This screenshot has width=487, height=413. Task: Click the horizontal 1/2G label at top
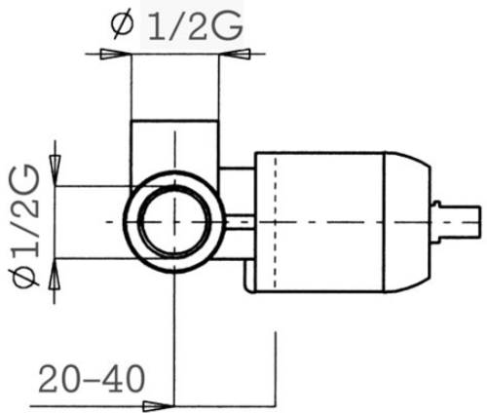pyautogui.click(x=196, y=26)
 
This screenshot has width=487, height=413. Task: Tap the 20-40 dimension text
pyautogui.click(x=92, y=379)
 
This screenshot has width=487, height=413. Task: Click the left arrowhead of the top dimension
pyautogui.click(x=112, y=54)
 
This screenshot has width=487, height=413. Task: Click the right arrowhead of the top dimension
pyautogui.click(x=238, y=54)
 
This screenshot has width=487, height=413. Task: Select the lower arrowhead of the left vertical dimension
pyautogui.click(x=55, y=275)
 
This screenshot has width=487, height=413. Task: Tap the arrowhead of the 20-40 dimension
pyautogui.click(x=157, y=406)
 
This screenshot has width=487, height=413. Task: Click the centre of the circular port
pyautogui.click(x=174, y=221)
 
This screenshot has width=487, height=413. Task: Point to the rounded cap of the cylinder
pyautogui.click(x=408, y=222)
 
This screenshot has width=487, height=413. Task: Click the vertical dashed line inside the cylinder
pyautogui.click(x=276, y=222)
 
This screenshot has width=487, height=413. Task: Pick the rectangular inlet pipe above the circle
pyautogui.click(x=174, y=153)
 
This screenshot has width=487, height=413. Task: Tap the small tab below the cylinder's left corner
pyautogui.click(x=250, y=276)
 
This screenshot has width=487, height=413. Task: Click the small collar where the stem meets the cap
pyautogui.click(x=437, y=222)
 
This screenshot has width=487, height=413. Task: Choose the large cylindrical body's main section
pyautogui.click(x=319, y=222)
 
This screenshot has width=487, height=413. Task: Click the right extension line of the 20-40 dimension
pyautogui.click(x=276, y=369)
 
